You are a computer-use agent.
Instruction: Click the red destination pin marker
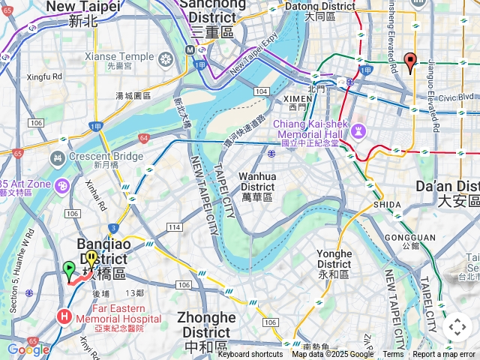coord(409,62)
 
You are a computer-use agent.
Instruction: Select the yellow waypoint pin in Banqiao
coord(91,259)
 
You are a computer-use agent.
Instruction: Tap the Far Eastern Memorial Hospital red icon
coord(64,316)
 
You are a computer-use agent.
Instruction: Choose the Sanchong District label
coord(212,18)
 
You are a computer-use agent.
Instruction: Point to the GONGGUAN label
coord(421,238)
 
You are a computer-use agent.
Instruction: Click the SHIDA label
coord(386,205)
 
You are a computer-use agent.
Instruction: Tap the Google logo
coord(28,349)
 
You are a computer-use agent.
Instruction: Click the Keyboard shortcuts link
coord(250,355)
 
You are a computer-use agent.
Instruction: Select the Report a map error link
coord(444,355)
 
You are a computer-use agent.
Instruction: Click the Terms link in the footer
coord(393,355)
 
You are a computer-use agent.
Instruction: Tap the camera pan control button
coord(457,327)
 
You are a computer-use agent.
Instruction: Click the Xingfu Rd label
coord(44,76)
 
